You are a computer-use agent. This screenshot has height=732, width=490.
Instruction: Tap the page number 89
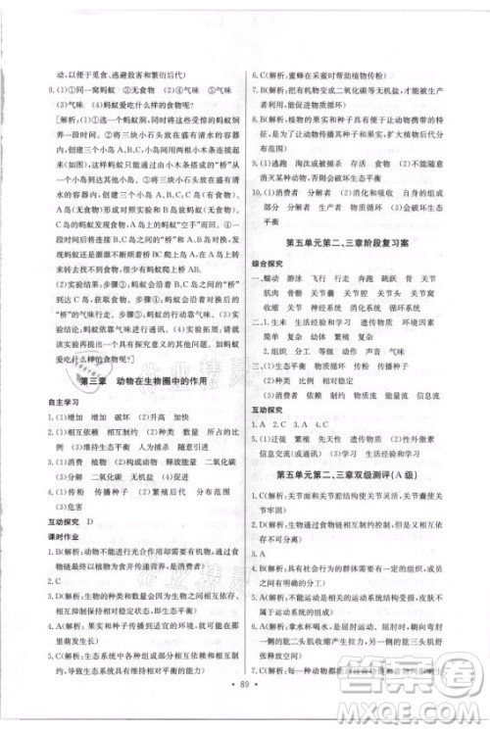[244, 707]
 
